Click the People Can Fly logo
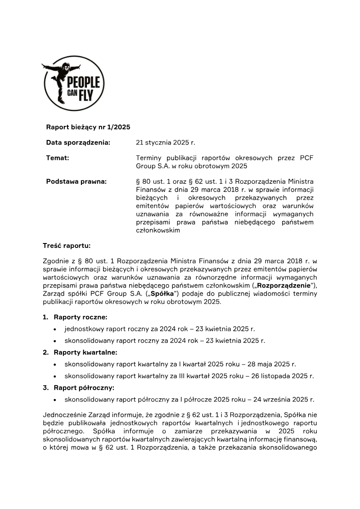(x=73, y=83)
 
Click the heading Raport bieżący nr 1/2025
(x=88, y=127)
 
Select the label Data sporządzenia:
(x=78, y=143)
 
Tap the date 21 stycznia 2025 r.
(x=165, y=143)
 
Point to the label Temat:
(x=58, y=158)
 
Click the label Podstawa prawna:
(x=76, y=181)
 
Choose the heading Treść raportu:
(x=67, y=246)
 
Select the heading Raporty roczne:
(x=81, y=317)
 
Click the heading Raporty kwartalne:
(x=85, y=352)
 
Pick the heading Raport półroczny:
(x=84, y=387)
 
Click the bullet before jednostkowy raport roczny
(x=54, y=329)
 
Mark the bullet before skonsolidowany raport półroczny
(x=54, y=400)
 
